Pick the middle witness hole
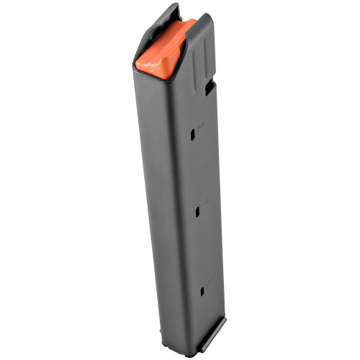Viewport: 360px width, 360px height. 199,213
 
